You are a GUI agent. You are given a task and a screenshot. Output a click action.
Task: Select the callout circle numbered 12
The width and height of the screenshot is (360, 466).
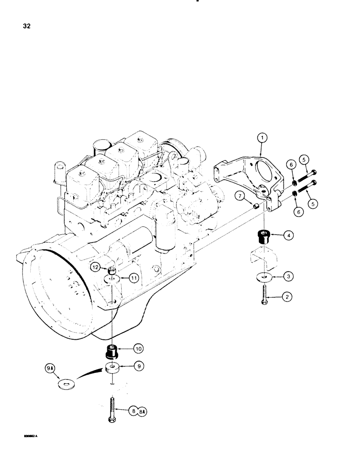pyautogui.click(x=95, y=267)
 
